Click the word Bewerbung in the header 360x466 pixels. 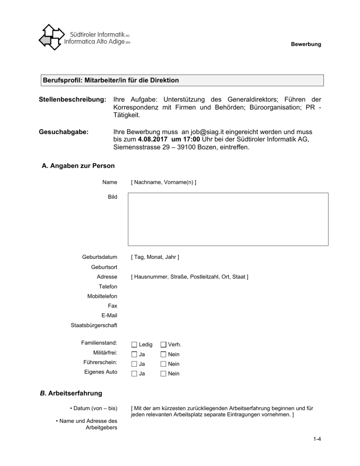click(x=306, y=45)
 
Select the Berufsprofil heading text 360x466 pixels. click(x=111, y=81)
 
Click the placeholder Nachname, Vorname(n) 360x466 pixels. click(x=164, y=181)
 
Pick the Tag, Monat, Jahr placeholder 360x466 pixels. click(x=155, y=257)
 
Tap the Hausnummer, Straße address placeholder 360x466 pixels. click(x=189, y=277)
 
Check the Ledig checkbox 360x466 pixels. click(x=135, y=345)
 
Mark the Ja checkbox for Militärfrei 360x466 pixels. click(x=135, y=354)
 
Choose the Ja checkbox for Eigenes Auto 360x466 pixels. click(x=135, y=374)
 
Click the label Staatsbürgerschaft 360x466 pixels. click(x=94, y=325)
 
